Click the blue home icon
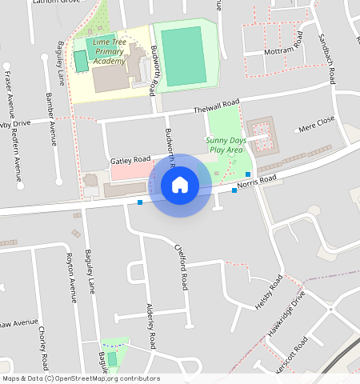(x=180, y=186)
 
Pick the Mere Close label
(x=316, y=124)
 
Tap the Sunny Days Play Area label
(x=224, y=145)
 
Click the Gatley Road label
(x=130, y=160)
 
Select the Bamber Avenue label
(x=52, y=117)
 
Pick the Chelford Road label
(x=181, y=266)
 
